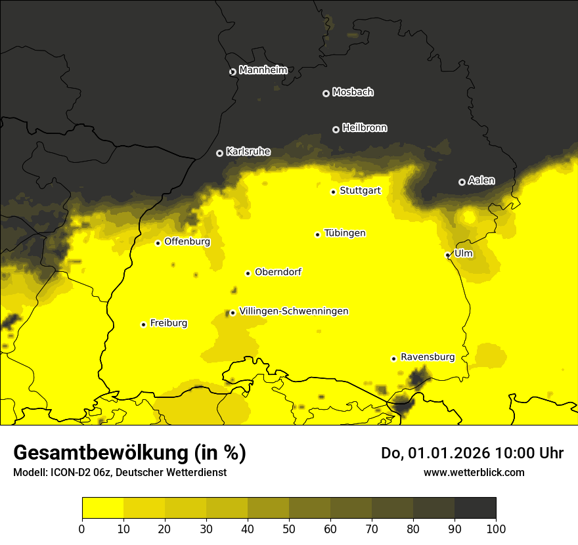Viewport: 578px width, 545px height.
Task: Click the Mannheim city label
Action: [263, 70]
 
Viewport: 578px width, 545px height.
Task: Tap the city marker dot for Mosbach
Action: [326, 93]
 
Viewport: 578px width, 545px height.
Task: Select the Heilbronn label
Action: [365, 128]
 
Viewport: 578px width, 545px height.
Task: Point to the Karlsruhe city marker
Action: [219, 153]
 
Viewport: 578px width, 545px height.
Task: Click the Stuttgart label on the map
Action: [360, 191]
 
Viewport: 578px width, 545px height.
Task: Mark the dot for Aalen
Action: [462, 182]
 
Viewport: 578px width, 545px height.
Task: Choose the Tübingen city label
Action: [345, 233]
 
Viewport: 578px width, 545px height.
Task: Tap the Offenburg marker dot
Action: [158, 243]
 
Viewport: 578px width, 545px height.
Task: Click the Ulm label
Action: [463, 253]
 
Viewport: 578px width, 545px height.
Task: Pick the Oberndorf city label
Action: [278, 272]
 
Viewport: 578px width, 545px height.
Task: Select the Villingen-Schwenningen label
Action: [294, 311]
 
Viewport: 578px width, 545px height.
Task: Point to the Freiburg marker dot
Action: [143, 324]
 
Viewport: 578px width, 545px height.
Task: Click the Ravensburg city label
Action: [428, 357]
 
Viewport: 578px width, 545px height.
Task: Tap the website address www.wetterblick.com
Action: [474, 472]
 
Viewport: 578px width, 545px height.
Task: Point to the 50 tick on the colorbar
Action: [289, 529]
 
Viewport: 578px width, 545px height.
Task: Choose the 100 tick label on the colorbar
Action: [496, 529]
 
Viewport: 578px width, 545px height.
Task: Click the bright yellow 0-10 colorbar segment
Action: [102, 508]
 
